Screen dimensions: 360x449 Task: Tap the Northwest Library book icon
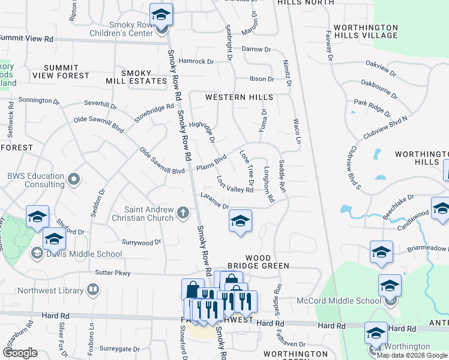[x=93, y=290]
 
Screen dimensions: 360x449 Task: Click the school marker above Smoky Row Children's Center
[x=161, y=14]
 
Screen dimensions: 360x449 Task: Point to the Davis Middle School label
[x=84, y=254]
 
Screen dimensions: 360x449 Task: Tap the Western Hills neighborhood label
[x=239, y=97]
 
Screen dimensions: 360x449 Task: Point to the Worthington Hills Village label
[x=366, y=31]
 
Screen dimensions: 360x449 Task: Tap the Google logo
[x=19, y=353]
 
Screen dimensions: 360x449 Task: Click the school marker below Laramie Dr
[x=240, y=223]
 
